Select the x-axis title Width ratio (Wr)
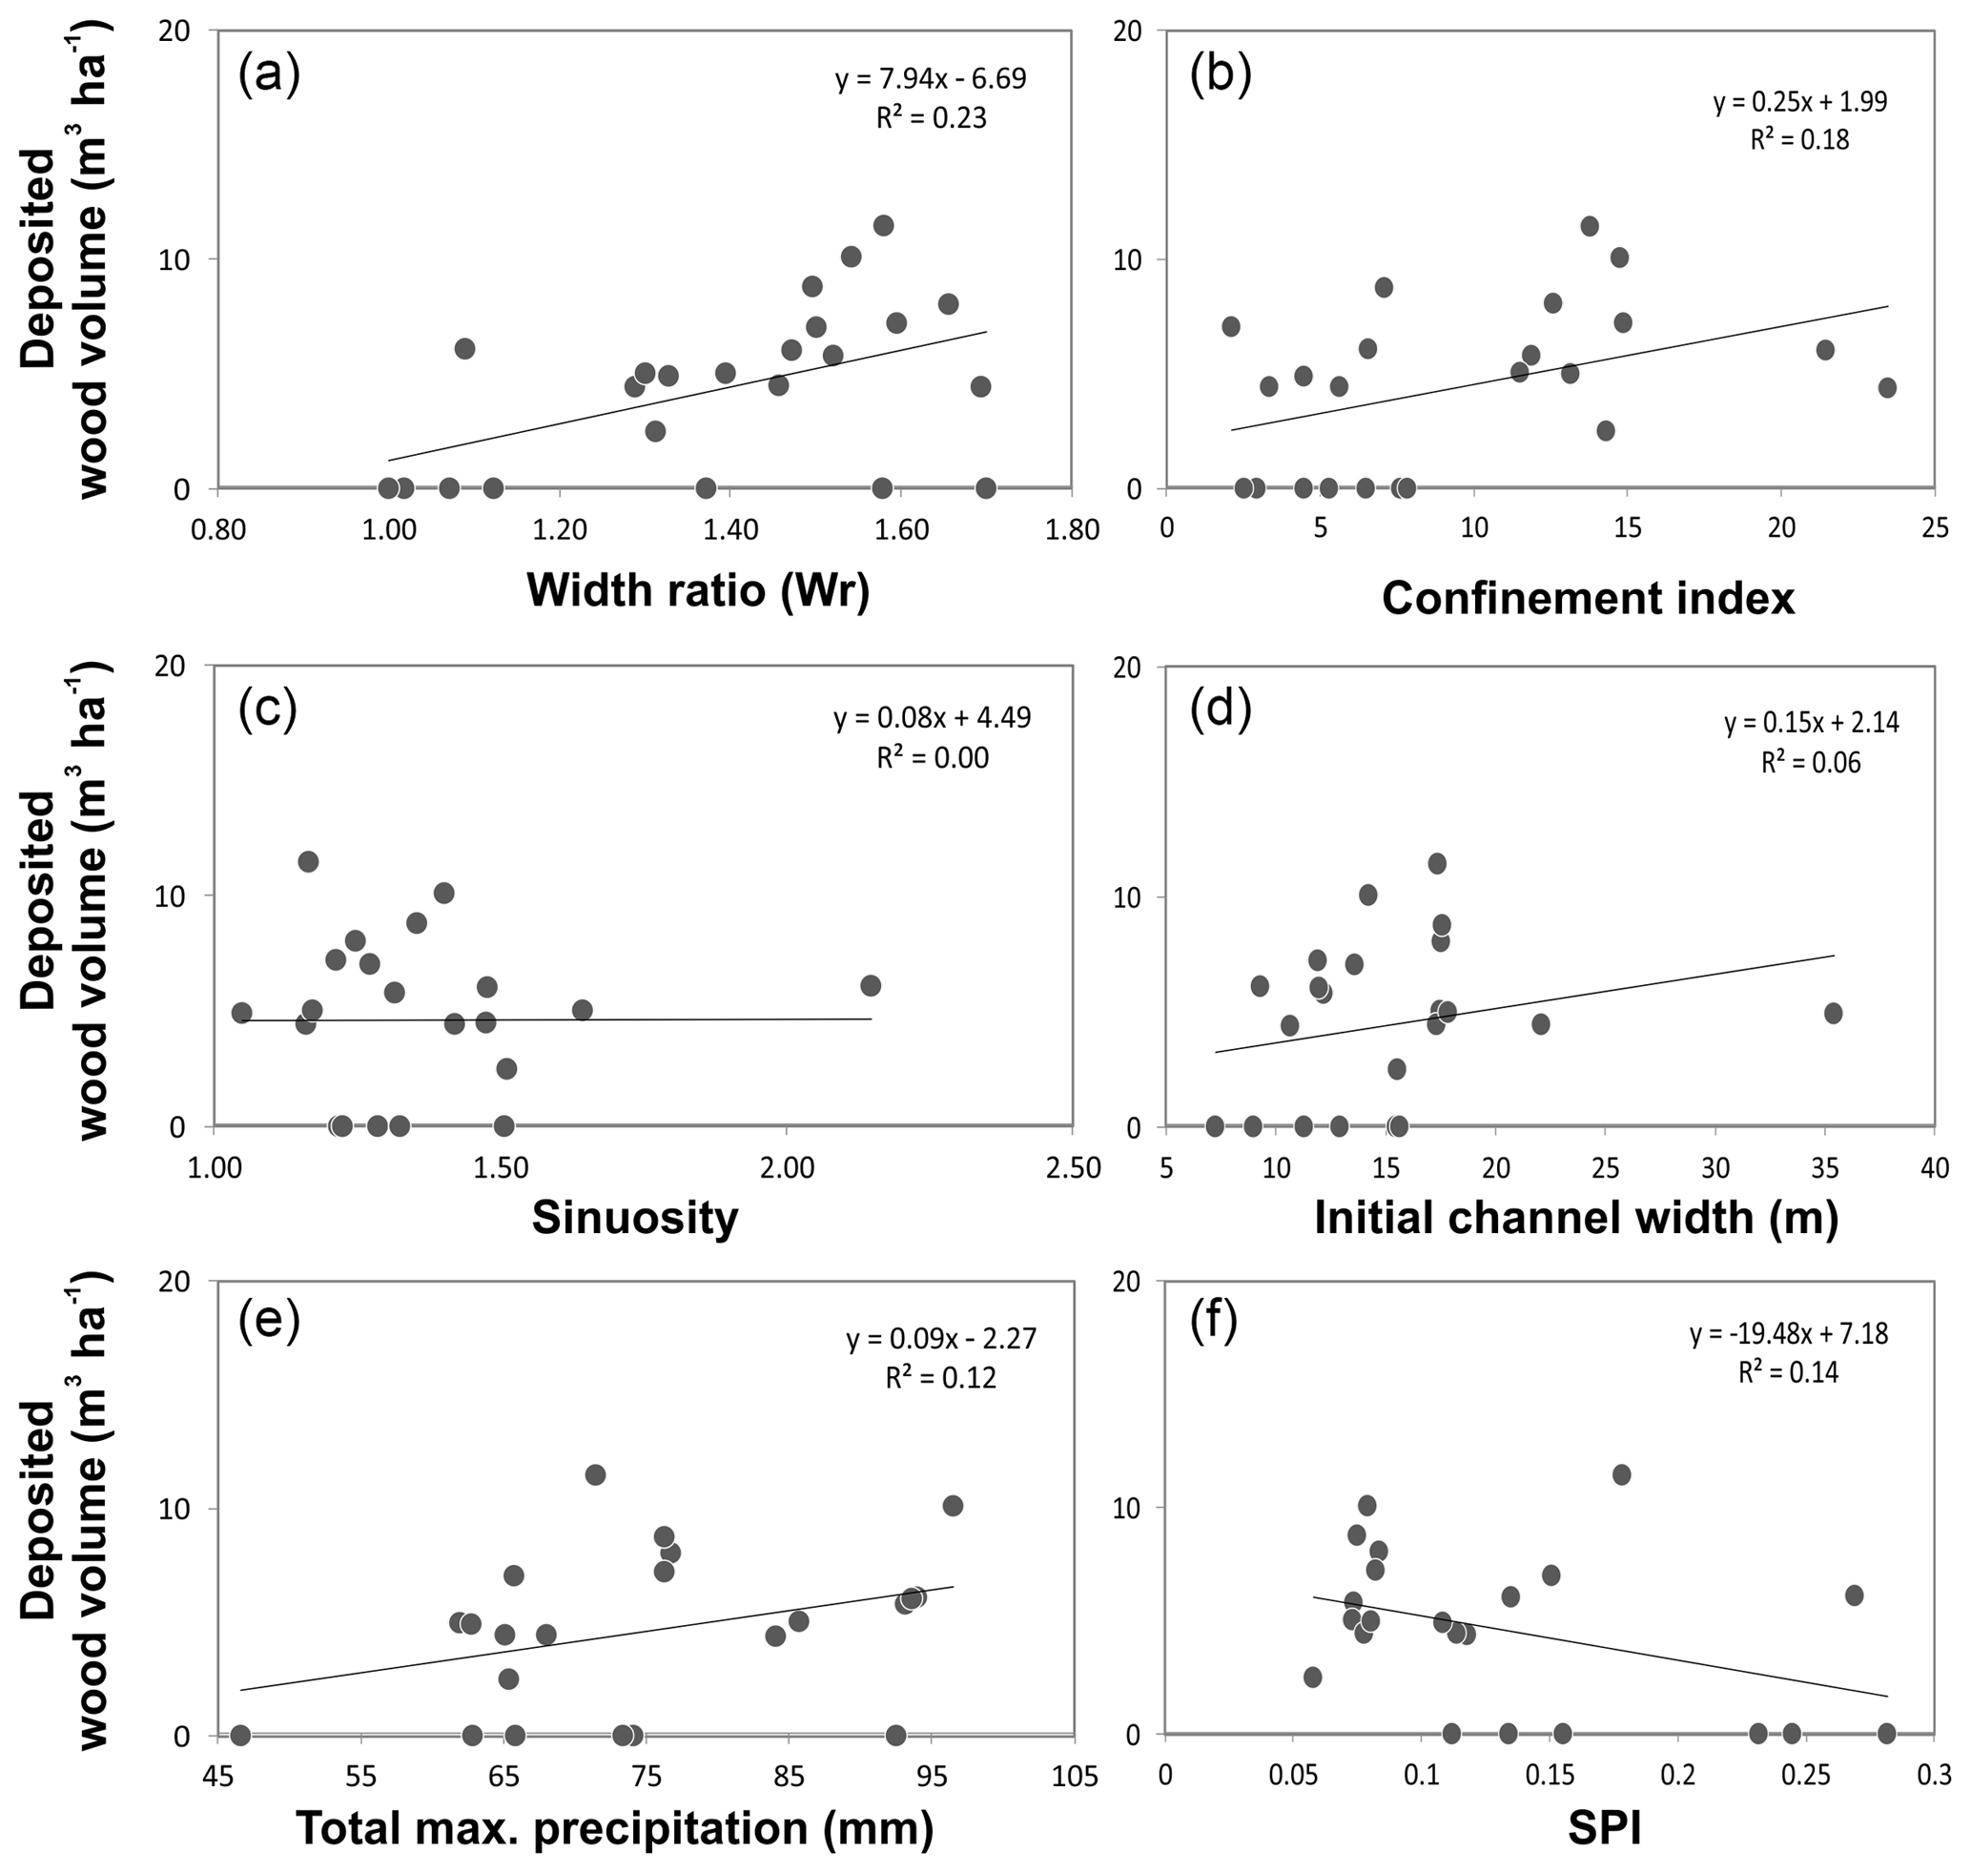[x=698, y=590]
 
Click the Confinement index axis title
[x=1588, y=598]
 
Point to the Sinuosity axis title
[x=635, y=1217]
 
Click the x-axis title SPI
[x=1605, y=1828]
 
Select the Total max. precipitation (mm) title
[x=615, y=1828]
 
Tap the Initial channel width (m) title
[x=1575, y=1217]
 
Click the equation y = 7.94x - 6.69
[x=931, y=79]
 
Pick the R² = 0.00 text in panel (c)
[x=933, y=758]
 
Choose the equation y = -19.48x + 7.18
[x=1788, y=1334]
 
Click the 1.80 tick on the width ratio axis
[x=1072, y=528]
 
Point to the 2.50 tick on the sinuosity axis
[x=1072, y=1167]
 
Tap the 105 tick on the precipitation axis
[x=1074, y=1776]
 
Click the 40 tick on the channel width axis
[x=1934, y=1167]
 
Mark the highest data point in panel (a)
[x=883, y=226]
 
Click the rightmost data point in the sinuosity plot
[x=870, y=985]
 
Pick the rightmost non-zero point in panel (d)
[x=1832, y=1014]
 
